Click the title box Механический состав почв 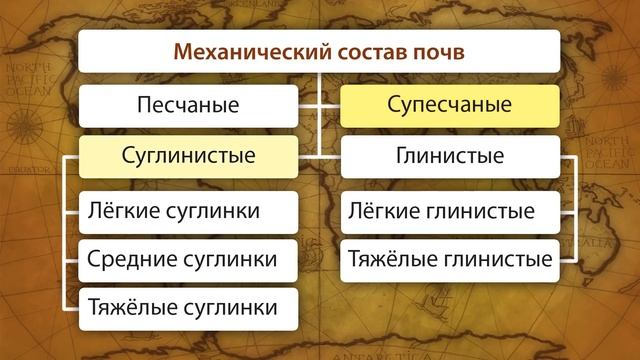(x=320, y=51)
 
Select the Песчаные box (x=188, y=105)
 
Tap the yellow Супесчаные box (x=450, y=105)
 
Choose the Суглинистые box (x=188, y=157)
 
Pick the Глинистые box (x=450, y=157)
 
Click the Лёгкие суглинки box (x=188, y=211)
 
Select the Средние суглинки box (x=188, y=260)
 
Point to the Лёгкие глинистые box (x=450, y=211)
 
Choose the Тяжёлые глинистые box (x=450, y=260)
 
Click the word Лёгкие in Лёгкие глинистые (x=384, y=211)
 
